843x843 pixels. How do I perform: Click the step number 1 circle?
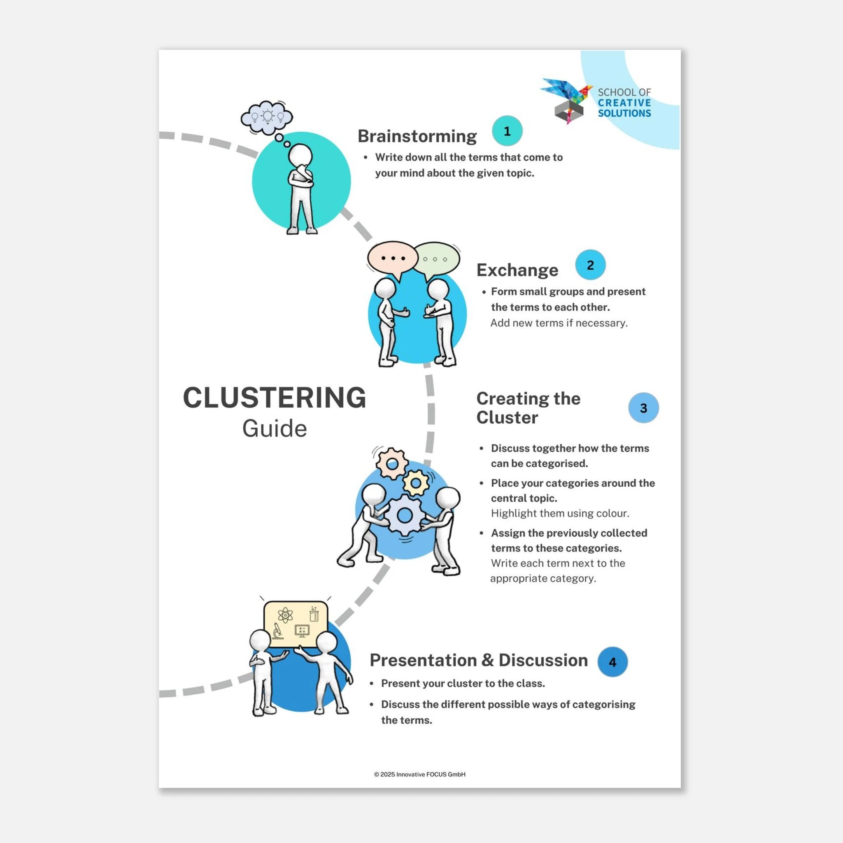(507, 131)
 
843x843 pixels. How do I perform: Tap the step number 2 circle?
(590, 265)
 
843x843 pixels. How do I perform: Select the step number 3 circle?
(644, 408)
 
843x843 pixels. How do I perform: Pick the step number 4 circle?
(612, 662)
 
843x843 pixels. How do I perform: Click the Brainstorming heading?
(417, 136)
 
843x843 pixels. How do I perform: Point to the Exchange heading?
(517, 270)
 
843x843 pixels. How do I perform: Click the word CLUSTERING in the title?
(275, 398)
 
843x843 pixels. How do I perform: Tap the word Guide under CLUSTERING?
(275, 428)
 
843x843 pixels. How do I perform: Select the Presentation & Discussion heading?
(479, 660)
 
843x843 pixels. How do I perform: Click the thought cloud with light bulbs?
(267, 117)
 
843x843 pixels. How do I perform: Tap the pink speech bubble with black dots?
(393, 260)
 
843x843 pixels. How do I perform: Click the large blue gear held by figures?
(405, 515)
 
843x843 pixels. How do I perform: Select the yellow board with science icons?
(296, 624)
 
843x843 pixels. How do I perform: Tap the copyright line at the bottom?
(420, 774)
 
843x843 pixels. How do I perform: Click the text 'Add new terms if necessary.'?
(559, 323)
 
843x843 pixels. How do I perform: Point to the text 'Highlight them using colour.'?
(560, 513)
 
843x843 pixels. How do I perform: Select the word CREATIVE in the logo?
(624, 103)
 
